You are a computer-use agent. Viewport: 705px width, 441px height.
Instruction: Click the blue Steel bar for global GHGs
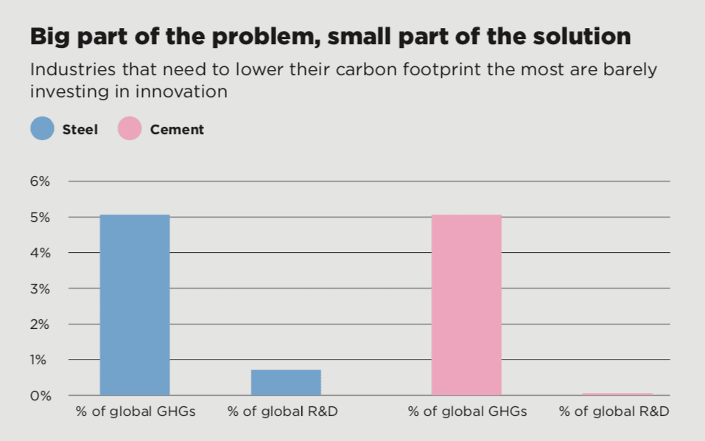pos(135,305)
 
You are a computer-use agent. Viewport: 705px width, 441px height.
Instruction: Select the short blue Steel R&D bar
pos(286,382)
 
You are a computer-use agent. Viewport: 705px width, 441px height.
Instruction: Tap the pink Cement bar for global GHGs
pos(466,305)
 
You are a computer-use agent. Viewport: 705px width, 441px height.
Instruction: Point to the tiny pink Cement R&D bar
pos(617,395)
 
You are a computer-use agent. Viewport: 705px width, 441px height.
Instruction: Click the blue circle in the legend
pos(42,130)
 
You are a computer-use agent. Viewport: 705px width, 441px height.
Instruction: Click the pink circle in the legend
pos(129,130)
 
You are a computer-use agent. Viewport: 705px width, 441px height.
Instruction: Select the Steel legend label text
pos(80,130)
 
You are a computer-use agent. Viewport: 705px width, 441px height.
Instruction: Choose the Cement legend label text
pos(177,130)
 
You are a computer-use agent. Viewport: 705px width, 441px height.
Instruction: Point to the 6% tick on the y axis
pos(40,181)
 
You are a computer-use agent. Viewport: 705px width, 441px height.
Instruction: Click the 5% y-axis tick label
pos(40,218)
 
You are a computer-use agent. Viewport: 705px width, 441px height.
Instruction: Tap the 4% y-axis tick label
pos(40,253)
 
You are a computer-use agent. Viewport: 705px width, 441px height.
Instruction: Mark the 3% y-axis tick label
pos(40,289)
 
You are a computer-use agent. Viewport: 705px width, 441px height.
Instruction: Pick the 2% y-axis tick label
pos(40,324)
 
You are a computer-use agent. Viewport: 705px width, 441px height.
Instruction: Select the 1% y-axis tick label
pos(40,360)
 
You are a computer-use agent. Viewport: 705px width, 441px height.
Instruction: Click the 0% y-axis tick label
pos(40,396)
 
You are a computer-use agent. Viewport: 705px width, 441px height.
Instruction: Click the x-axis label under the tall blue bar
pos(136,412)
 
